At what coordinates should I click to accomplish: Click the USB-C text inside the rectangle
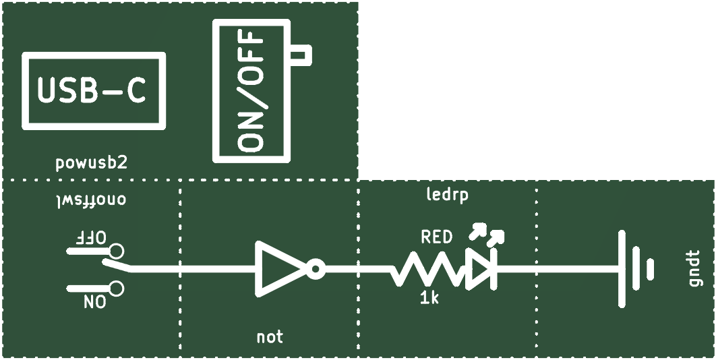click(91, 90)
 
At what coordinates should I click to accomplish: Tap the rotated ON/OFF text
click(251, 91)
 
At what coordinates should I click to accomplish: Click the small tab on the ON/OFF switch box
click(301, 55)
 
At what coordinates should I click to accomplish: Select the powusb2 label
click(91, 163)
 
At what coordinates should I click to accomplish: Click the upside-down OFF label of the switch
click(90, 237)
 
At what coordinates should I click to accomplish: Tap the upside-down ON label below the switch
click(95, 302)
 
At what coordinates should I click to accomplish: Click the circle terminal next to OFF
click(117, 251)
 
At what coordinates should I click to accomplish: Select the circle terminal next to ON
click(117, 289)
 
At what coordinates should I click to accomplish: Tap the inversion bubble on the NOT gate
click(316, 270)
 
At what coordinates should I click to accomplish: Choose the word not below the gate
click(270, 337)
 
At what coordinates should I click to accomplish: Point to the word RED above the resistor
click(436, 237)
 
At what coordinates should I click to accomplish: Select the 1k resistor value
click(429, 299)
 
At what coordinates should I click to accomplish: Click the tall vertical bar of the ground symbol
click(622, 269)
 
